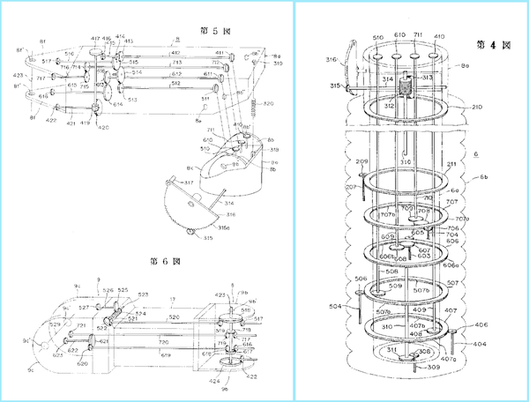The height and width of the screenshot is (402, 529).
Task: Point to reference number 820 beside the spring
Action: tap(268, 103)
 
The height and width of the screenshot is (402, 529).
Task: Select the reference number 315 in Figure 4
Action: tap(335, 86)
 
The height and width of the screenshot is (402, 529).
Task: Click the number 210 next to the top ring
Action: tap(476, 107)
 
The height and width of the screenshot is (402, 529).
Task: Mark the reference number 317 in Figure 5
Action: tap(187, 182)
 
